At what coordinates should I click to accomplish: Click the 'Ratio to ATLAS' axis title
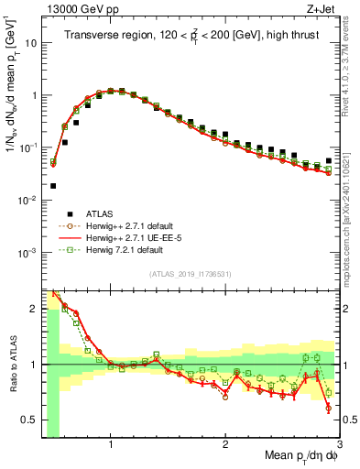(10, 365)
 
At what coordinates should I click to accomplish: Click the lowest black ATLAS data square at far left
(53, 186)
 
